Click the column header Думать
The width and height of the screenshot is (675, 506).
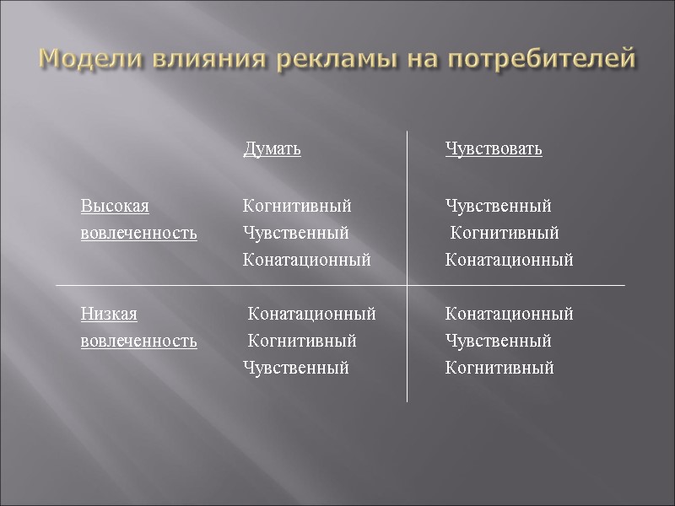coord(272,150)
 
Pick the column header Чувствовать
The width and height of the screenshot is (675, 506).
coord(494,150)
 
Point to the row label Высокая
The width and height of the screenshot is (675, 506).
coord(115,207)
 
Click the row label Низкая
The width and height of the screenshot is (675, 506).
coord(109,315)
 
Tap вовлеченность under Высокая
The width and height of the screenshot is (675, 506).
coord(139,234)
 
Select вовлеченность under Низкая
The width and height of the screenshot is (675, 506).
coord(139,342)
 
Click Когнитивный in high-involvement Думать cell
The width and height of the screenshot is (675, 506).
coord(297,207)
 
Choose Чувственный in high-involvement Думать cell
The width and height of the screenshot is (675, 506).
coord(295,234)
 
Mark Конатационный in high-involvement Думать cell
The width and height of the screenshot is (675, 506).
coord(306,261)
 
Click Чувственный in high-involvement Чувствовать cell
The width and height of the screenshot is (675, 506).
coord(498,207)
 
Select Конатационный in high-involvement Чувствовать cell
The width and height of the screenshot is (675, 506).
coord(509,261)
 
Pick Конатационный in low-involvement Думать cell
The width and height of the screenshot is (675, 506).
coord(311,315)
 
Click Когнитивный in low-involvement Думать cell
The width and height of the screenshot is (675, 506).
coord(302,342)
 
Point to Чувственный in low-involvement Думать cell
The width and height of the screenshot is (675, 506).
coord(295,369)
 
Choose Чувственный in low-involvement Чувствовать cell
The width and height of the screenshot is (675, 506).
coord(498,342)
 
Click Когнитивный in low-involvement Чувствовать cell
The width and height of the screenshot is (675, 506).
coord(499,369)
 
